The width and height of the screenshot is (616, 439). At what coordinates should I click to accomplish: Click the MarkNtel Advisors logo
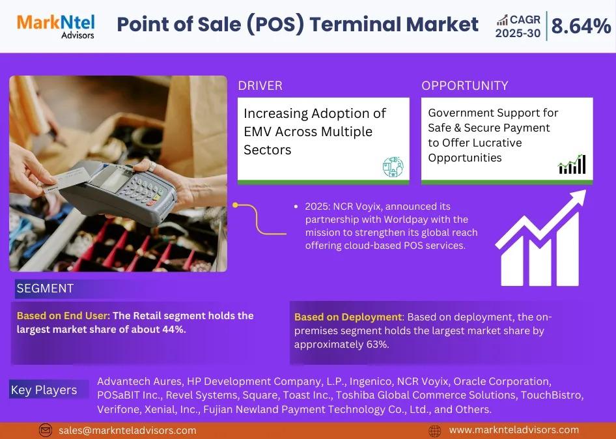[x=55, y=27]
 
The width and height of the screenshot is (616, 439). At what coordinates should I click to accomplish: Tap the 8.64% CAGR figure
[x=581, y=26]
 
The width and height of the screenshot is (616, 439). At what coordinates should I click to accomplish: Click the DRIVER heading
[x=260, y=86]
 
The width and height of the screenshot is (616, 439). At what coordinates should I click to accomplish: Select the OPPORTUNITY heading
[x=465, y=86]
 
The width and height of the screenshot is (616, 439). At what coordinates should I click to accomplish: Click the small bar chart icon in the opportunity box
[x=572, y=164]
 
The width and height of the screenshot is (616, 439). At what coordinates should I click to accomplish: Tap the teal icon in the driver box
[x=393, y=167]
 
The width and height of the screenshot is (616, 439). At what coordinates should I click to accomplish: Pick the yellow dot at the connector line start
[x=235, y=205]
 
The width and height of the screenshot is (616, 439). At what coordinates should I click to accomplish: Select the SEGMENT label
[x=45, y=288]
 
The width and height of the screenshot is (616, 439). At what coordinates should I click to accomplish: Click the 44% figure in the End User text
[x=173, y=329]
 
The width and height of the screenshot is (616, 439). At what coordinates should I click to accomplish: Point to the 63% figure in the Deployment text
[x=376, y=345]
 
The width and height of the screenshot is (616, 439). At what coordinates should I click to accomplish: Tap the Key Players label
[x=44, y=390]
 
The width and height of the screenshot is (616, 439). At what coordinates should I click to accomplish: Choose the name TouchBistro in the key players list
[x=552, y=395]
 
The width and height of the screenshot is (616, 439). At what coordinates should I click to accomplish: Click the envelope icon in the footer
[x=46, y=431]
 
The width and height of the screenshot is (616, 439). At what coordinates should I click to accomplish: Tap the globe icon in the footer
[x=434, y=431]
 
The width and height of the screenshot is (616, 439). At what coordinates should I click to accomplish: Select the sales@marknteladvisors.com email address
[x=127, y=431]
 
